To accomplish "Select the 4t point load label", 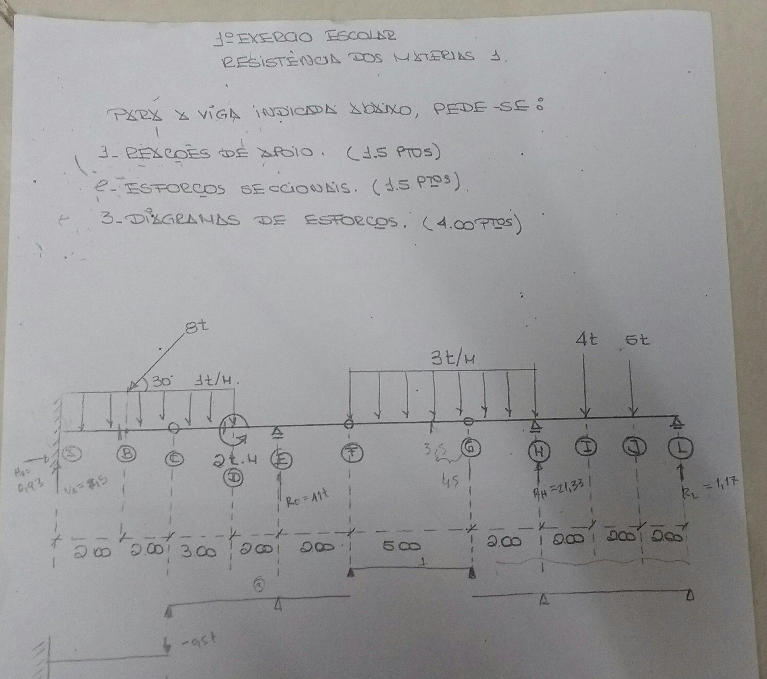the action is [587, 340].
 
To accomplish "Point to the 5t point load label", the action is [637, 340].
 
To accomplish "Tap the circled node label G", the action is [469, 448].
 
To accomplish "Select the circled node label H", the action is [539, 450].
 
